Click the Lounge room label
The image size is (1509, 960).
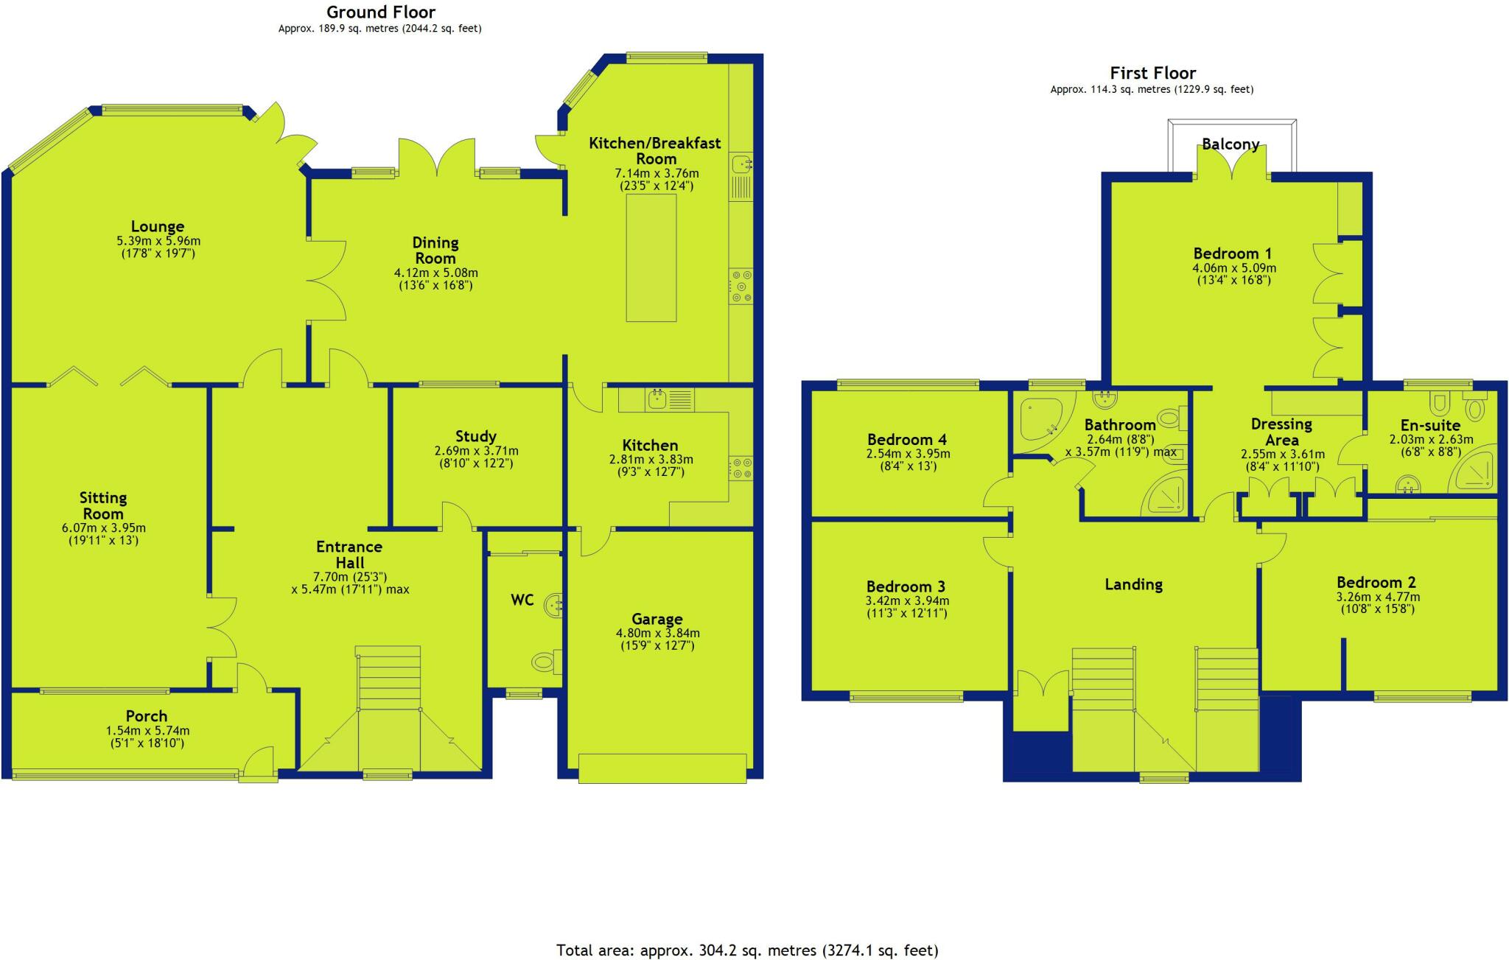coord(158,227)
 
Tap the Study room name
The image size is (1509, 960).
coord(476,436)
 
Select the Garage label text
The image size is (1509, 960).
coord(657,619)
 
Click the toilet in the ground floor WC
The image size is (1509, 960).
coord(543,661)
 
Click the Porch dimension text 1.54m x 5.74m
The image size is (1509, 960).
coord(147,731)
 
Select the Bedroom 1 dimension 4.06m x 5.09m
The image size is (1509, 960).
coord(1234,268)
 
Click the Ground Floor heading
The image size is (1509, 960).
coord(381,13)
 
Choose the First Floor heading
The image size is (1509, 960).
coord(1153,73)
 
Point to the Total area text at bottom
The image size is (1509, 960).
coord(747,950)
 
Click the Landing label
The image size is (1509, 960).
coord(1133,585)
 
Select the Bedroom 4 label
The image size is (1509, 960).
coord(907,440)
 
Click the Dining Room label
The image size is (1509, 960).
coord(435,250)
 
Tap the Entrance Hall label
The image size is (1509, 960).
coord(349,555)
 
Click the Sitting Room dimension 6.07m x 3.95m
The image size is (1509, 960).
coord(104,528)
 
